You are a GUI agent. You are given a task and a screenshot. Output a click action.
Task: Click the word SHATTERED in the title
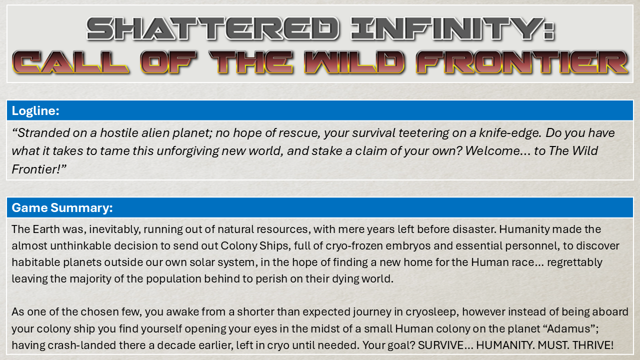pyautogui.click(x=213, y=28)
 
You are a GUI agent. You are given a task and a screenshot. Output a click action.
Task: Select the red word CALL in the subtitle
pyautogui.click(x=70, y=62)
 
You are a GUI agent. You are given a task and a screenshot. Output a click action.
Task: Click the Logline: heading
pyautogui.click(x=35, y=111)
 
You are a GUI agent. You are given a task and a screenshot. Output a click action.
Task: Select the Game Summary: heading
pyautogui.click(x=62, y=207)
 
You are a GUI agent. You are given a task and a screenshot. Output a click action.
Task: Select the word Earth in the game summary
pyautogui.click(x=46, y=229)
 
